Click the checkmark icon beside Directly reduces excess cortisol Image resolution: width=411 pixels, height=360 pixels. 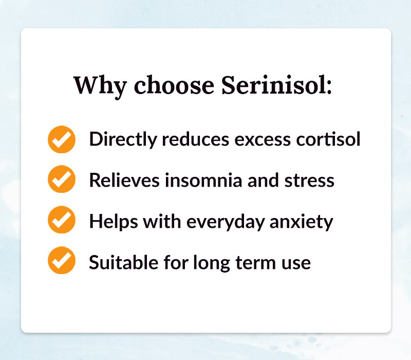(62, 139)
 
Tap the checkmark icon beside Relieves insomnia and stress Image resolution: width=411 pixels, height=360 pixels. (62, 180)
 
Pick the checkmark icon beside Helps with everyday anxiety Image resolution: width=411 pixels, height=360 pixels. (62, 221)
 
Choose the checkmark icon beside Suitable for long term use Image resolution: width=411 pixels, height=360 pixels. (62, 261)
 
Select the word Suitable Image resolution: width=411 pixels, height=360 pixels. (119, 262)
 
